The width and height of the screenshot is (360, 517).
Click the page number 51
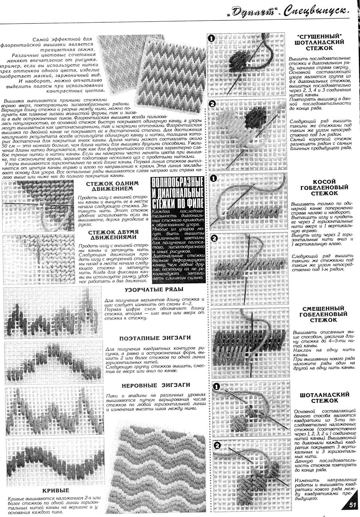tap(352, 504)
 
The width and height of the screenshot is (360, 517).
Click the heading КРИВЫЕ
tap(56, 490)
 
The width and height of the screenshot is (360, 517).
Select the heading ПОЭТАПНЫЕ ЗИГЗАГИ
tap(155, 338)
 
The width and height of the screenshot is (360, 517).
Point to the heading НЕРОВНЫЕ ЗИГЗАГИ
tap(156, 385)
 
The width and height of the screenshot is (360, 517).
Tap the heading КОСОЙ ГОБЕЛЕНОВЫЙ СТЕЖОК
tap(324, 187)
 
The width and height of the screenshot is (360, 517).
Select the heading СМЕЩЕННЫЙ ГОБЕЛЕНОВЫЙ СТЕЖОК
tap(323, 314)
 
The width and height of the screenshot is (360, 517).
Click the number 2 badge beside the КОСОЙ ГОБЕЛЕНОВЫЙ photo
tap(215, 238)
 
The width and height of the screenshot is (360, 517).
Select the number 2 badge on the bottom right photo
tap(217, 446)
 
